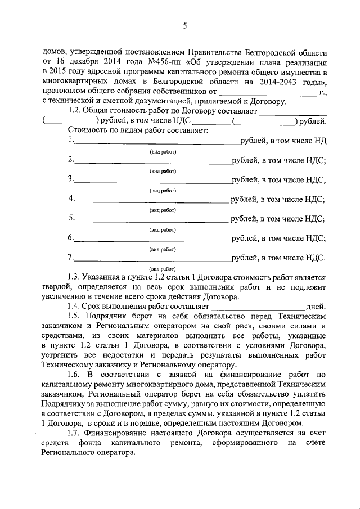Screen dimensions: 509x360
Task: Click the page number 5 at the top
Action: pyautogui.click(x=184, y=25)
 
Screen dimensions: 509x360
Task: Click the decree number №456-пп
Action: pyautogui.click(x=150, y=62)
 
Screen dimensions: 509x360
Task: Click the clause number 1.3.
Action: pyautogui.click(x=74, y=277)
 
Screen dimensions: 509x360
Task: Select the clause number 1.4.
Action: pyautogui.click(x=74, y=307)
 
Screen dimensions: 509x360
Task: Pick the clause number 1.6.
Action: pyautogui.click(x=74, y=375)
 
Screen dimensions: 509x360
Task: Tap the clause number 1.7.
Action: pyautogui.click(x=74, y=433)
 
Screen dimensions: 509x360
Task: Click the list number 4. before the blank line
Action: pyautogui.click(x=71, y=199)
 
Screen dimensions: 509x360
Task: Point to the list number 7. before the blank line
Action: pyautogui.click(x=70, y=258)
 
